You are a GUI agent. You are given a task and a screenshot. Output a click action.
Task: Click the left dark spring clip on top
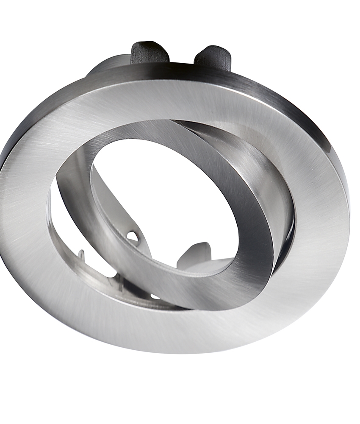[x=149, y=53]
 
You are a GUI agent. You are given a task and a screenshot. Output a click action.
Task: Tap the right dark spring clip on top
[x=214, y=57]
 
